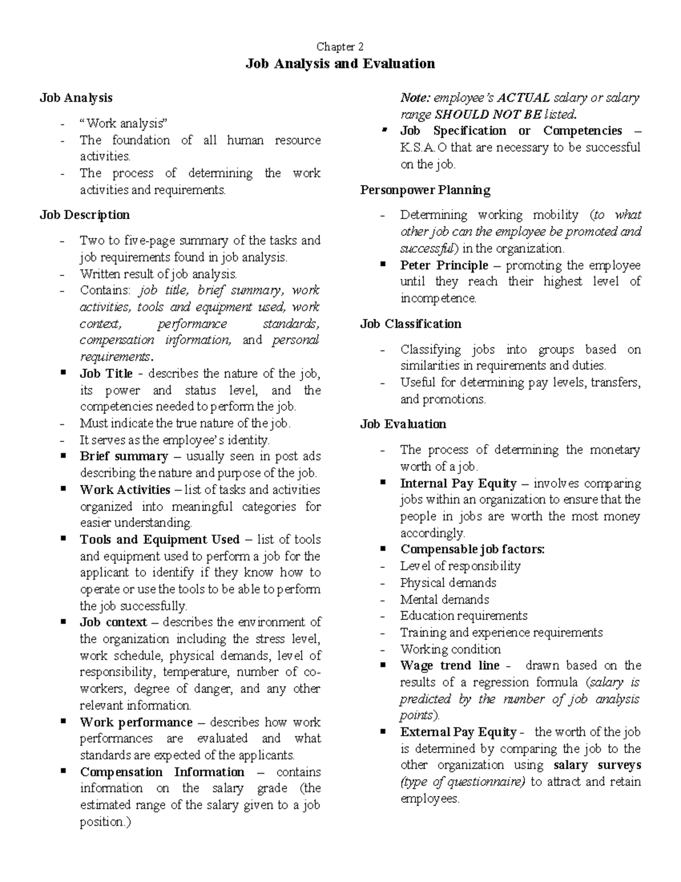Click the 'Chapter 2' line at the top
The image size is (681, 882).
pos(340,47)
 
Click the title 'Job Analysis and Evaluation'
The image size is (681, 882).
pos(340,64)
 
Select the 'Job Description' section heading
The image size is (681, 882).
pos(85,215)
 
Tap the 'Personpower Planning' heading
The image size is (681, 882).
pos(425,190)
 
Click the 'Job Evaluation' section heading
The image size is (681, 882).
pos(403,424)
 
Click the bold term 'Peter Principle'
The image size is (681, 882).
pos(444,265)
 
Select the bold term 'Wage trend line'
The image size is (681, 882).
pos(449,666)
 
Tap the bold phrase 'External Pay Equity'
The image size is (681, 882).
pos(458,732)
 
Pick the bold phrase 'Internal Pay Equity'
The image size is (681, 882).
pos(458,483)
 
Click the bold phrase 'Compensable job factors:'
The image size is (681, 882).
pos(472,549)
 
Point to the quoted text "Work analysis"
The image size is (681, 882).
pos(124,123)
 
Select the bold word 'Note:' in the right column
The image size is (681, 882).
pos(415,98)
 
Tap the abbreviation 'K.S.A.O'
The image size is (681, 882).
pos(423,148)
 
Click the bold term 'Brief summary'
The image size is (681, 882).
pos(124,457)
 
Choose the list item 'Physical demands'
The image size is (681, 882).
pos(448,583)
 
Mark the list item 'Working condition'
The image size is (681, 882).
pos(450,649)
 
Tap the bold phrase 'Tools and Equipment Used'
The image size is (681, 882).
pos(159,540)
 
